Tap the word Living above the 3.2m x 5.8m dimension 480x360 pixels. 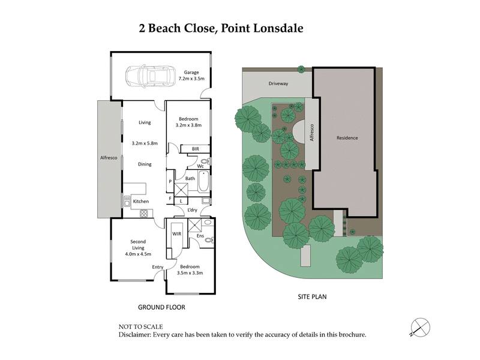pyautogui.click(x=145, y=122)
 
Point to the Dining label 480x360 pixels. pyautogui.click(x=145, y=164)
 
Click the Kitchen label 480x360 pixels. pyautogui.click(x=141, y=201)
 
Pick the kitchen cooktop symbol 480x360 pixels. pyautogui.click(x=144, y=213)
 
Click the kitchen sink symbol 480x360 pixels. pyautogui.click(x=127, y=201)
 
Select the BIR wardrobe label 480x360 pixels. pyautogui.click(x=195, y=148)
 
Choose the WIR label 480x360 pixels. pyautogui.click(x=178, y=235)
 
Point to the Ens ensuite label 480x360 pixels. pyautogui.click(x=200, y=236)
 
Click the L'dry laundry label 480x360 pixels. pyautogui.click(x=192, y=210)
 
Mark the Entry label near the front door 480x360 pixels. pyautogui.click(x=158, y=267)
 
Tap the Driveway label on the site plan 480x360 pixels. pyautogui.click(x=278, y=84)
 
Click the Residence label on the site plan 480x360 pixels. pyautogui.click(x=347, y=138)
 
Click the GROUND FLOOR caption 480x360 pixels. pyautogui.click(x=161, y=307)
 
